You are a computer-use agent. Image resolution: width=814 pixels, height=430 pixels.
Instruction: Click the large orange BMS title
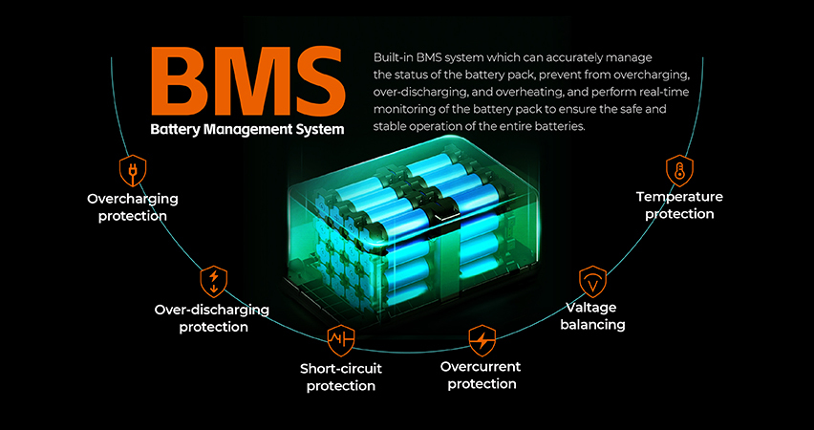point(247,80)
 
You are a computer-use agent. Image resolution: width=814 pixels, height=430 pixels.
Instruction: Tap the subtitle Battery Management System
point(247,130)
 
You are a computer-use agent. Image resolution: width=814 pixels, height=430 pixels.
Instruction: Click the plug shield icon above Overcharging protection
point(132,169)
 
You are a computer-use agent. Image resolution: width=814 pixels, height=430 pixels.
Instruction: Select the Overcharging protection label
point(132,207)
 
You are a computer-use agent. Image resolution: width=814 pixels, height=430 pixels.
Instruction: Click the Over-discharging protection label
point(212,318)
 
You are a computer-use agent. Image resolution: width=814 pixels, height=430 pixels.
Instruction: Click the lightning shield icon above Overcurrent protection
point(482,339)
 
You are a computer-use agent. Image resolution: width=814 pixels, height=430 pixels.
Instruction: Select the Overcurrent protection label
point(482,376)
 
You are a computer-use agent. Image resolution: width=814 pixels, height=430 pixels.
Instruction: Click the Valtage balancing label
point(594,316)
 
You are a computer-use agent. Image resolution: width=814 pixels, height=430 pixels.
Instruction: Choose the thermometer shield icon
point(678,171)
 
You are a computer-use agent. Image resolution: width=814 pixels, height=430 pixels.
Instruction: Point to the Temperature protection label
point(679,205)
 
